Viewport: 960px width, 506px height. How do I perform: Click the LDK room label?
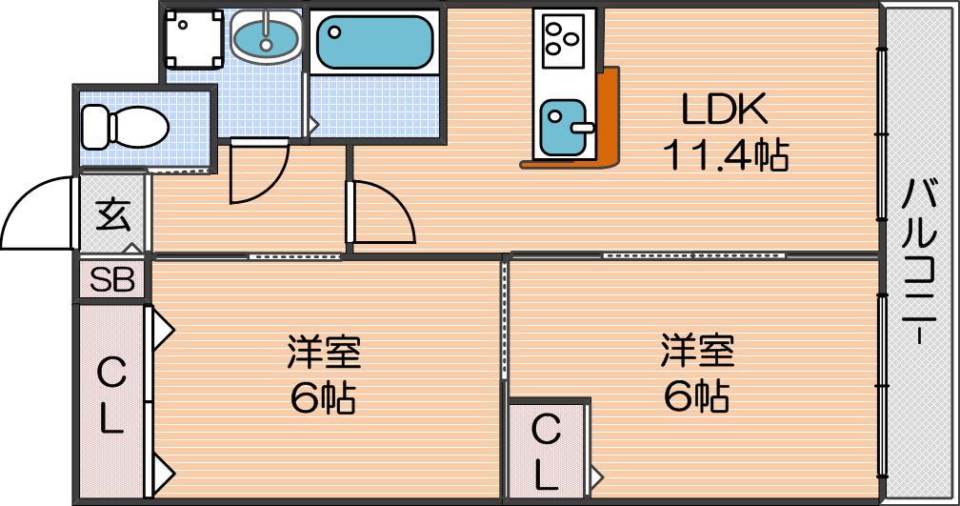tap(724, 109)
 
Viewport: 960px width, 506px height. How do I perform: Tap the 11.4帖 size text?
tap(725, 154)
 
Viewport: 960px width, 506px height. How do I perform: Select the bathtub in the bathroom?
tap(374, 42)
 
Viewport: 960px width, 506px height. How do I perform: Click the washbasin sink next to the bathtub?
tap(266, 37)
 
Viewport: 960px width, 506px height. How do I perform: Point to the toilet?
tap(125, 126)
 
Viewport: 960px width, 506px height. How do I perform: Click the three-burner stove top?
tap(562, 39)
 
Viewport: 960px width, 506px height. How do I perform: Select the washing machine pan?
tap(194, 38)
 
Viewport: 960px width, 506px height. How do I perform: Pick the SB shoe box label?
tap(112, 280)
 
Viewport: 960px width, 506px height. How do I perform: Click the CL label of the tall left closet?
tap(111, 395)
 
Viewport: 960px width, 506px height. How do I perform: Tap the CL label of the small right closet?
tap(545, 452)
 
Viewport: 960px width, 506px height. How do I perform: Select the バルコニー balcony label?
tap(919, 262)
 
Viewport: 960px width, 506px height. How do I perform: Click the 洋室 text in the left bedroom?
tap(324, 352)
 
